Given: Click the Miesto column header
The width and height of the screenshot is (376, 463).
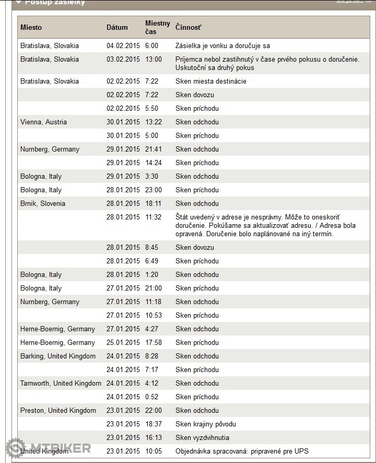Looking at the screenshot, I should pos(31,27).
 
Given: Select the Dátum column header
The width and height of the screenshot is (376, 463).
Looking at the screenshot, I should pos(117,27).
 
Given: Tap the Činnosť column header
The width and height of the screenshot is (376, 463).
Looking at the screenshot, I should pos(188,27).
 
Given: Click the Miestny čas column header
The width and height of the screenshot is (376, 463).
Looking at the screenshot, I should pos(157,27).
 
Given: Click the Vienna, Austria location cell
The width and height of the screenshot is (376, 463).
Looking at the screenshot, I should pos(43,122).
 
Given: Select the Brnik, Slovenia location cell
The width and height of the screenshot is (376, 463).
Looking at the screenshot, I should pos(43,203).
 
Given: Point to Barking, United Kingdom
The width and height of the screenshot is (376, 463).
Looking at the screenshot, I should pos(58,356).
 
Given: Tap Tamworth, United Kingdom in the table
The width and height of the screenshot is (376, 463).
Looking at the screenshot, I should pos(61,383).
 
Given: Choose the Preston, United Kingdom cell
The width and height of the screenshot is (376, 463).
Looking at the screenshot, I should pos(58,410).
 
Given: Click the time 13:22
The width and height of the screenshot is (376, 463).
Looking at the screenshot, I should pos(154,122).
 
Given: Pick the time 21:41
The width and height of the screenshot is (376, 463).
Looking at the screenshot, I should pos(154,149).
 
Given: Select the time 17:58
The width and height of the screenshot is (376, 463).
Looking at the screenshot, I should pos(154,342).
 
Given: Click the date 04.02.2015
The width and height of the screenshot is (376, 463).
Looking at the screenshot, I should pos(123,45).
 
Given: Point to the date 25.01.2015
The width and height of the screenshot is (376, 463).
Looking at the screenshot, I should pos(123,342).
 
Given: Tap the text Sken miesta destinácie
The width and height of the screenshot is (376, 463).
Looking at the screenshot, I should pos(210,81).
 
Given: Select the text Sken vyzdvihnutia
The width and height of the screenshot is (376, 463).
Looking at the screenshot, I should pos(202,437).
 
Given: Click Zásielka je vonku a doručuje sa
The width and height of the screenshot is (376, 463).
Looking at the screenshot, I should pos(222,45).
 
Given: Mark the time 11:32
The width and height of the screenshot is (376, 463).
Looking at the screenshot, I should pos(154,217).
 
